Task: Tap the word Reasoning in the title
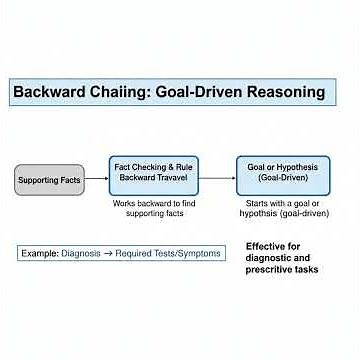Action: (281, 92)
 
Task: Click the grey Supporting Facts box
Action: (47, 180)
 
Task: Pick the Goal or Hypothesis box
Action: (273, 174)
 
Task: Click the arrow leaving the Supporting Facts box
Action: (96, 180)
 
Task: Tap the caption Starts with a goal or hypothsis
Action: (273, 208)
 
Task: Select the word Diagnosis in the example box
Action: (82, 254)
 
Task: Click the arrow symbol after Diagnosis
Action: (110, 254)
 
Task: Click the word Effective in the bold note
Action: (268, 246)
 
